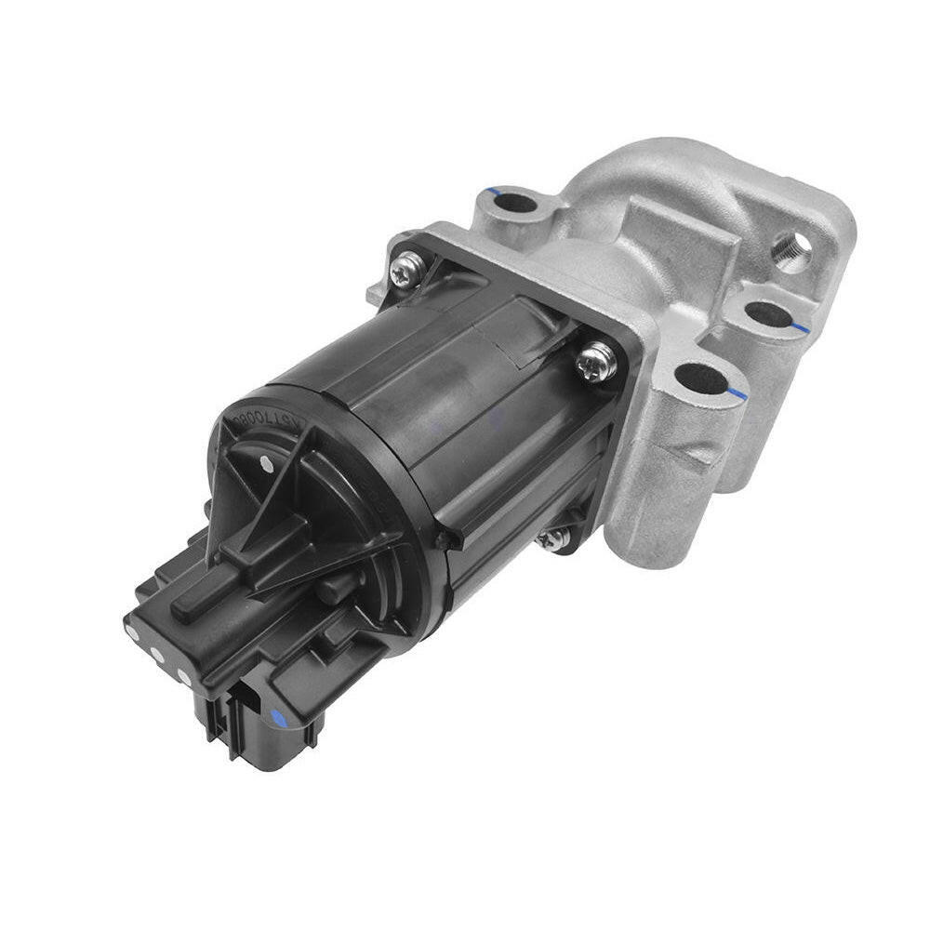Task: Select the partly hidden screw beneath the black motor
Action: pos(556,538)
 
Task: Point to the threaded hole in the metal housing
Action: pos(790,251)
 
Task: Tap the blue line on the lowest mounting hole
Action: pos(736,392)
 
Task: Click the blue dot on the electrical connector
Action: pos(277,716)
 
